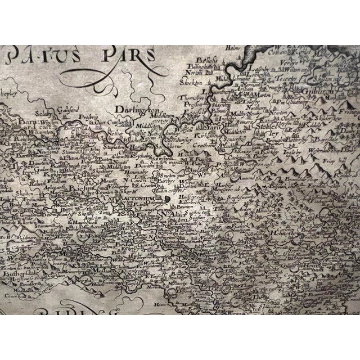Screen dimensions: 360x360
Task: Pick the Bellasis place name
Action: (x=206, y=59)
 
